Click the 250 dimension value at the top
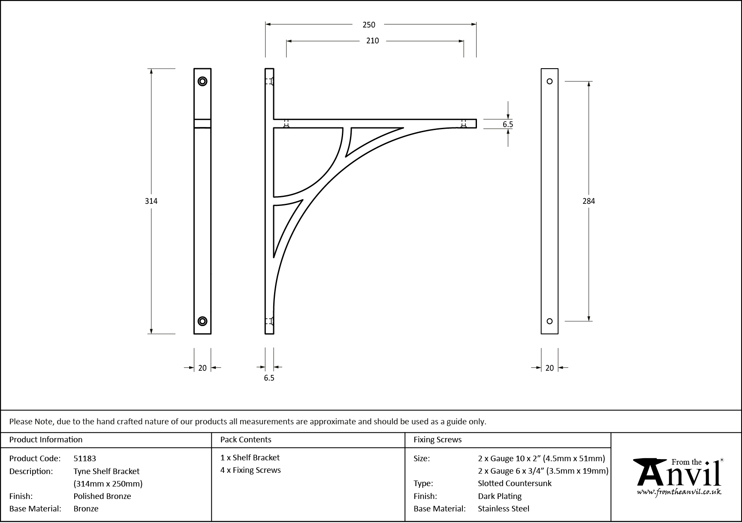(369, 25)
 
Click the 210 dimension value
(373, 41)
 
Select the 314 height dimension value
(151, 201)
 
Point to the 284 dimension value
(588, 201)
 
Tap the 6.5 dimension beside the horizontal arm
(508, 124)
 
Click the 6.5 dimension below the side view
(269, 378)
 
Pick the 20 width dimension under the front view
(202, 368)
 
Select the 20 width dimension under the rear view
(549, 368)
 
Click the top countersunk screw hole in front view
(202, 82)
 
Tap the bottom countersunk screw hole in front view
(202, 321)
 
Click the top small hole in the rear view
(549, 82)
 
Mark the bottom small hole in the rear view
(549, 321)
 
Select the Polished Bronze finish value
(102, 496)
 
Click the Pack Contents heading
(246, 440)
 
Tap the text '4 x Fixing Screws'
(250, 470)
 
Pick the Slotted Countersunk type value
(515, 484)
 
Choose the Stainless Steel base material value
(504, 509)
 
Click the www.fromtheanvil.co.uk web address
(679, 493)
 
